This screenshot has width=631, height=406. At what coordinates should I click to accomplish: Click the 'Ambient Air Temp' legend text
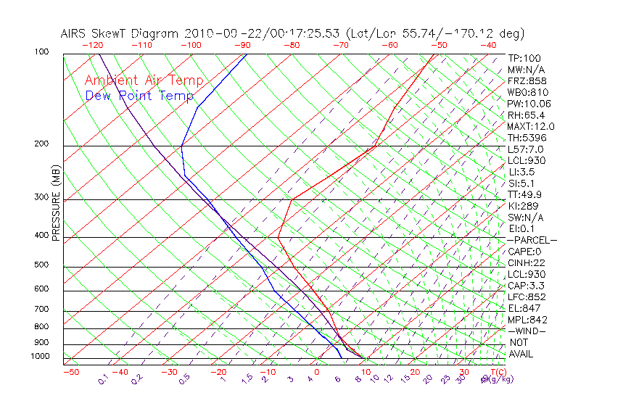(x=144, y=80)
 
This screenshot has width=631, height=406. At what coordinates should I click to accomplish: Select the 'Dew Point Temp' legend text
(x=139, y=96)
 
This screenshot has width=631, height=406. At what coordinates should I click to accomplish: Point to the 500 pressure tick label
(x=41, y=265)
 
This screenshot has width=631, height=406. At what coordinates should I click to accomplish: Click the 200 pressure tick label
(x=41, y=144)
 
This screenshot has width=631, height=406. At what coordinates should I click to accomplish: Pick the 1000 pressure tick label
(x=39, y=356)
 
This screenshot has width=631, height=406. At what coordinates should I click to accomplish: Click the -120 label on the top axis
(x=92, y=45)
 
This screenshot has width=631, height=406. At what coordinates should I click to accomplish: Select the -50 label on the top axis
(x=438, y=45)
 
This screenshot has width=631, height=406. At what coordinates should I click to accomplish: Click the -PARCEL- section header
(x=532, y=240)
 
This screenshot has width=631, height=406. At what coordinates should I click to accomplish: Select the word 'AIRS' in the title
(x=75, y=34)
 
